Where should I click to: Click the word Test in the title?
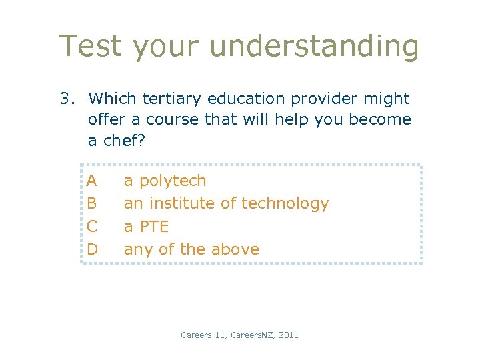pyautogui.click(x=91, y=47)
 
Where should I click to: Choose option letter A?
pyautogui.click(x=92, y=181)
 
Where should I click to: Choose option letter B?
pyautogui.click(x=92, y=203)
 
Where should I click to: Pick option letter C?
pyautogui.click(x=92, y=226)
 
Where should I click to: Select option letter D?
pyautogui.click(x=93, y=249)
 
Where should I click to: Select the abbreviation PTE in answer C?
pyautogui.click(x=153, y=227)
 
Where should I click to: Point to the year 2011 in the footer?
pyautogui.click(x=289, y=335)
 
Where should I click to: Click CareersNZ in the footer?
pyautogui.click(x=251, y=335)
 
